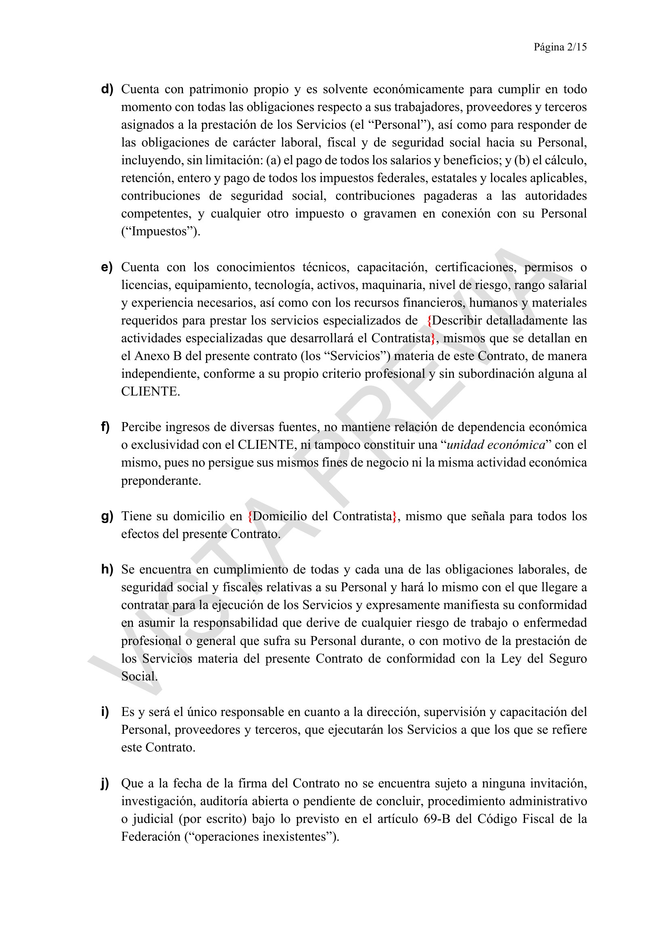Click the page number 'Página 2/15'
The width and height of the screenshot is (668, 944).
(x=560, y=47)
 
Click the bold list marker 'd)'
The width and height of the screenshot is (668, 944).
(x=107, y=89)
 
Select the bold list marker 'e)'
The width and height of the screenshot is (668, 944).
(x=107, y=267)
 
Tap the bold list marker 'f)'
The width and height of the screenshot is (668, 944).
(x=105, y=427)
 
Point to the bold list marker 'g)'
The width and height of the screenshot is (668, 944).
(x=107, y=516)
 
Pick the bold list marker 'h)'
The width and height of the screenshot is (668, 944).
(x=107, y=569)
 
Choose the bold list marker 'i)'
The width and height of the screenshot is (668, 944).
(x=105, y=712)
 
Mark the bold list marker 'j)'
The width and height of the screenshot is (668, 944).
(x=105, y=783)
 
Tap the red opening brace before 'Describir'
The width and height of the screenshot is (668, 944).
(x=429, y=321)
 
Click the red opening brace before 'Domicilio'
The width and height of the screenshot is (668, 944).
(x=250, y=517)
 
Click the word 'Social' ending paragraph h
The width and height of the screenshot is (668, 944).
(x=138, y=676)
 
